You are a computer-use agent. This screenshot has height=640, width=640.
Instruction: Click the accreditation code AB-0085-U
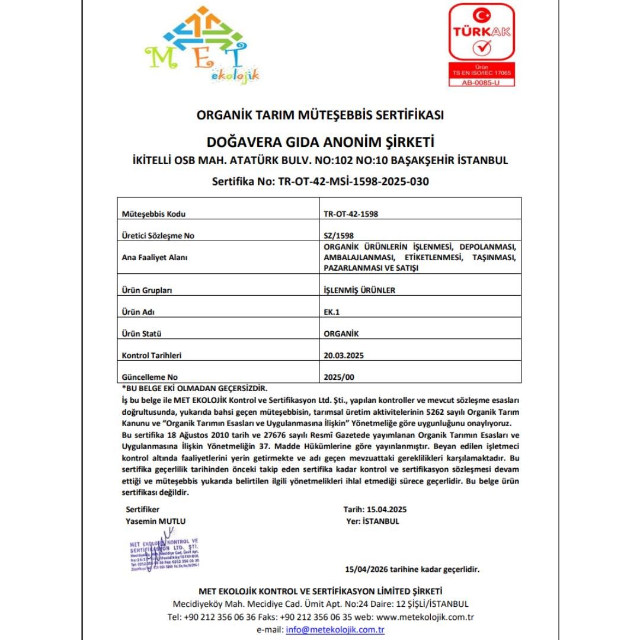pos(481,82)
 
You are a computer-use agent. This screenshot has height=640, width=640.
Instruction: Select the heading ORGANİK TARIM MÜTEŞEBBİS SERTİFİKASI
pos(320,115)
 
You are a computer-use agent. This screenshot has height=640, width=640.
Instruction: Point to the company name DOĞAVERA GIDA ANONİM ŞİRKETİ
pos(320,142)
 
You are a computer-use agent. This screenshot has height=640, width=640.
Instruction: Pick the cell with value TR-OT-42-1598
pos(351,215)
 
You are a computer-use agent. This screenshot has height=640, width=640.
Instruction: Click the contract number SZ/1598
pos(339,236)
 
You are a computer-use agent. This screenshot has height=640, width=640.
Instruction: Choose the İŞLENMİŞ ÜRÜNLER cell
pos(359,290)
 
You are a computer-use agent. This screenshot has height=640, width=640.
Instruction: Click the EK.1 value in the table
pos(331,312)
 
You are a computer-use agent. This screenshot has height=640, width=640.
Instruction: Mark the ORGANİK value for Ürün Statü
pos(341,334)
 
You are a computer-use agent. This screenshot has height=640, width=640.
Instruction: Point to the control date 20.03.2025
pos(344,356)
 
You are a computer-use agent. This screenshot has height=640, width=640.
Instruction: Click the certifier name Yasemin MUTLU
pos(156,521)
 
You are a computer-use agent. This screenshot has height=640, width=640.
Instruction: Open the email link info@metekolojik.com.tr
pos(335,630)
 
